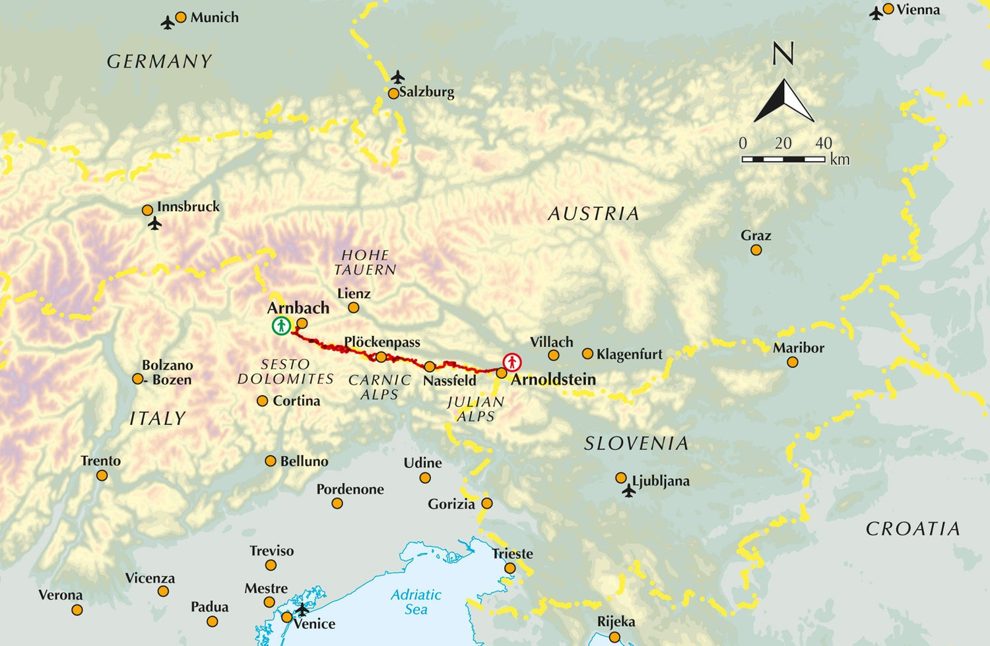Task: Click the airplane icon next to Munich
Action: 168,23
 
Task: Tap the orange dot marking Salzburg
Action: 393,94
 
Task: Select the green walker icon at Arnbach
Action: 281,325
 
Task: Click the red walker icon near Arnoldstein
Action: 512,362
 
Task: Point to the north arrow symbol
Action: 784,101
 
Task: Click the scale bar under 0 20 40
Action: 783,159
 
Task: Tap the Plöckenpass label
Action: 382,342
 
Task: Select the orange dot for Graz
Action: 756,250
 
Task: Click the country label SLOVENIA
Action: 636,443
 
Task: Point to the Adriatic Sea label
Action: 416,602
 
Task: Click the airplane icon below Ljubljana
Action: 628,491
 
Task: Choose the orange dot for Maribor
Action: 793,362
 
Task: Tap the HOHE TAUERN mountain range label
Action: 365,262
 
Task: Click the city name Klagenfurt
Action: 629,354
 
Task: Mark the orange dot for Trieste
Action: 510,568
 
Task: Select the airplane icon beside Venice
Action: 302,608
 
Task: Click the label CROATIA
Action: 913,529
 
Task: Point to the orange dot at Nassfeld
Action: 430,367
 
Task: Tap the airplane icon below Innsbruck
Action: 155,224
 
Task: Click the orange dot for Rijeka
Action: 614,637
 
